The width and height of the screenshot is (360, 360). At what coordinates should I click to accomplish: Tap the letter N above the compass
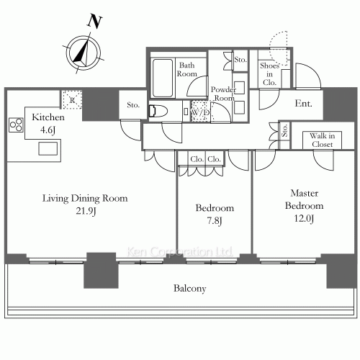(93, 22)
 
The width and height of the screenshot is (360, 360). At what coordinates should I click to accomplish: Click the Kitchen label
(48, 117)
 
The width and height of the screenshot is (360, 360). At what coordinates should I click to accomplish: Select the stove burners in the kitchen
(16, 127)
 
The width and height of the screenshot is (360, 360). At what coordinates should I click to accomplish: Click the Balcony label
(190, 289)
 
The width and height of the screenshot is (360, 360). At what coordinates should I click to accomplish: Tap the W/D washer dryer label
(199, 112)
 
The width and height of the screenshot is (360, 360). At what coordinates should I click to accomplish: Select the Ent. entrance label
(304, 104)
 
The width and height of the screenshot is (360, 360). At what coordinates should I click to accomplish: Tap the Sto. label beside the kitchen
(133, 105)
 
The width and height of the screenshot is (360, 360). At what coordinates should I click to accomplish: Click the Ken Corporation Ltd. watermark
(179, 252)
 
